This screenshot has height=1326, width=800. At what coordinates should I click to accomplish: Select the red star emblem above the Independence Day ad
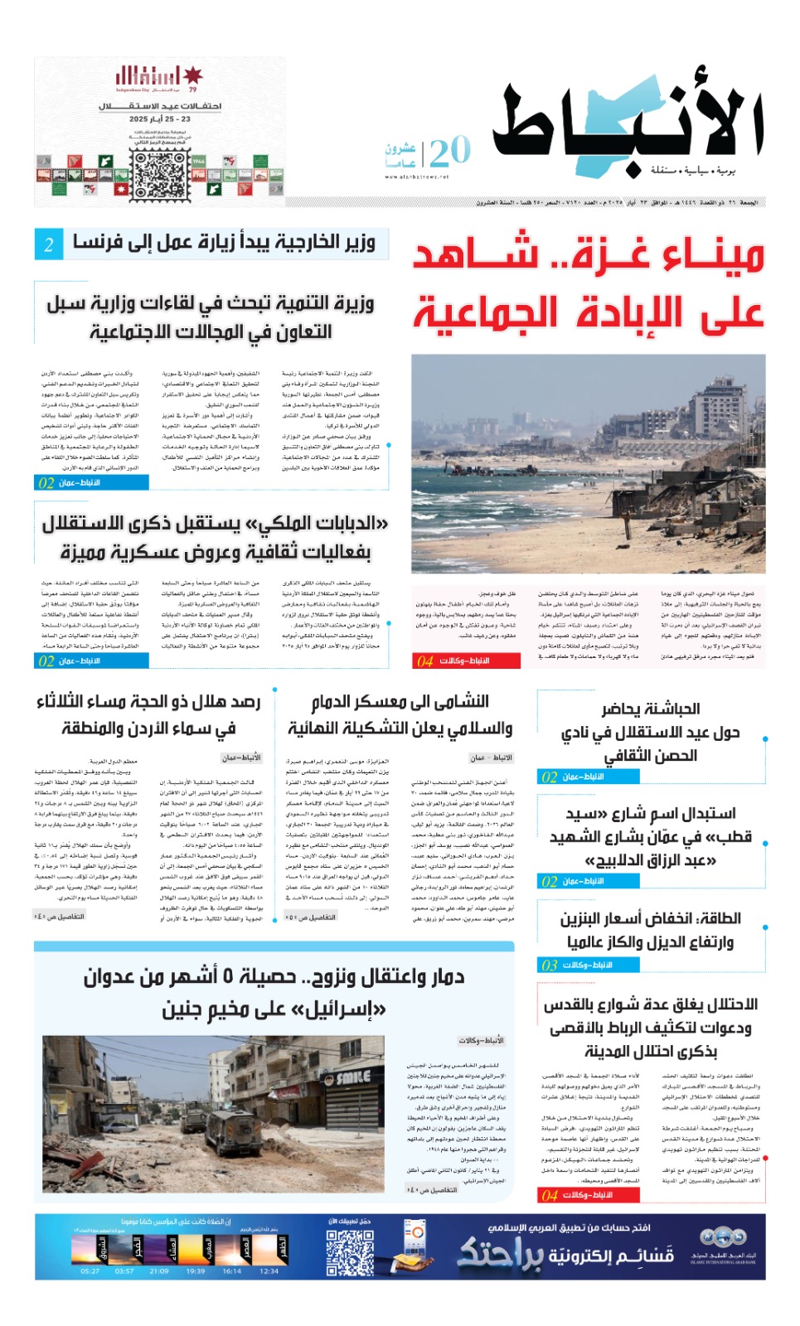click(192, 76)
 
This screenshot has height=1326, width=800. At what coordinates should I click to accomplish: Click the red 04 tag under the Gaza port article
click(426, 661)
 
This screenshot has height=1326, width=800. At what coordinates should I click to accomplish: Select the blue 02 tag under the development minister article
click(46, 482)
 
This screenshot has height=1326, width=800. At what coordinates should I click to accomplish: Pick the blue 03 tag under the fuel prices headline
click(550, 965)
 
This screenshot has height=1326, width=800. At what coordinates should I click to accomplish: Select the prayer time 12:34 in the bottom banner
click(269, 1270)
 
